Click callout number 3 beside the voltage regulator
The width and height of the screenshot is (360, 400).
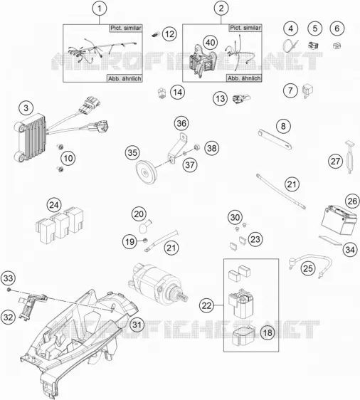click(26, 108)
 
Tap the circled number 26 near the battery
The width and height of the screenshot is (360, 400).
click(352, 201)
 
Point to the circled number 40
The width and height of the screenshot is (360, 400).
click(210, 43)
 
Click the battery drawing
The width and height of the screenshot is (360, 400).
click(338, 221)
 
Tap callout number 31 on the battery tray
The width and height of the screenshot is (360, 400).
click(137, 325)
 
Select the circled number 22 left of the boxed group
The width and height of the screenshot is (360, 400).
click(206, 305)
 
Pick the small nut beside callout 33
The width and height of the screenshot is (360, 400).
click(9, 290)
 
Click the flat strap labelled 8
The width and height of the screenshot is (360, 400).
click(275, 140)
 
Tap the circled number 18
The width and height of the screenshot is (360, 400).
click(268, 332)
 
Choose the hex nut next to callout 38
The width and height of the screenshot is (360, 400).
click(196, 147)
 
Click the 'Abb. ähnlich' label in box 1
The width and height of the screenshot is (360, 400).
click(125, 78)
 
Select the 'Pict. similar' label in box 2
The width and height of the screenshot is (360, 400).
click(245, 28)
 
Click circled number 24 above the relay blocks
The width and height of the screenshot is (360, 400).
click(54, 205)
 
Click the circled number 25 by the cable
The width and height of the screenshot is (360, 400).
click(308, 268)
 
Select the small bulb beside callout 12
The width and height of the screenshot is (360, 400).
click(155, 34)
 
